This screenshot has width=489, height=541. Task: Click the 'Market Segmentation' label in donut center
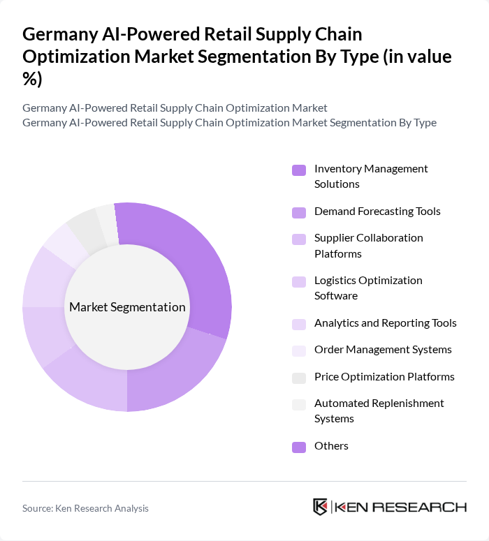pos(127,307)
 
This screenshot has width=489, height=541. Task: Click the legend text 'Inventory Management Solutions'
pos(371,177)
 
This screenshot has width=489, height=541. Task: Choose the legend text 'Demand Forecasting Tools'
pos(377,211)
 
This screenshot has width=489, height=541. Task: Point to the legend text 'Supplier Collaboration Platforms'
pos(368,246)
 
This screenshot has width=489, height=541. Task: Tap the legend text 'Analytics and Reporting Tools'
pos(385,323)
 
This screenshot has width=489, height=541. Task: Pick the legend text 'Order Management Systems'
pos(383,349)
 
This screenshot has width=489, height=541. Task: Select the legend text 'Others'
pos(331,446)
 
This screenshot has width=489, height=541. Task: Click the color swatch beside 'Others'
pos(298,447)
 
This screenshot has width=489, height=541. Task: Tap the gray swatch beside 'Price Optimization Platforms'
pos(298,378)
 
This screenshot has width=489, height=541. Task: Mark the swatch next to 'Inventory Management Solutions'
pos(298,170)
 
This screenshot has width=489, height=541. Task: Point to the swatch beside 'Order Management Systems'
pos(298,350)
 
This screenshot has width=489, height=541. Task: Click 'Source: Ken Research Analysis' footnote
pos(85,508)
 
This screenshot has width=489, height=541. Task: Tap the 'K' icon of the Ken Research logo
pos(321,507)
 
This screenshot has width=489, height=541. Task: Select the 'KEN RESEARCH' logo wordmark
pos(401,507)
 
